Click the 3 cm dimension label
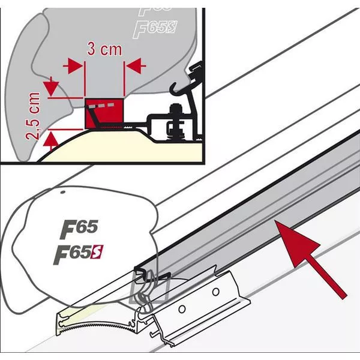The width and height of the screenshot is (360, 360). [104, 49]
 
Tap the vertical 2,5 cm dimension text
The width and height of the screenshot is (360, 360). [33, 116]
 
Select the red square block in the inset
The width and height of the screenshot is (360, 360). [104, 113]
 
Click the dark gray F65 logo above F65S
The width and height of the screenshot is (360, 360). [79, 229]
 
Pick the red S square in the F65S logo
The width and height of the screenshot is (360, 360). [97, 252]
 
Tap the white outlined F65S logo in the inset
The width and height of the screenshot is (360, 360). [155, 29]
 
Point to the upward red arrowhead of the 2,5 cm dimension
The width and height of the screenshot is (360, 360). [51, 140]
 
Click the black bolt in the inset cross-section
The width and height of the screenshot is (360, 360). [175, 122]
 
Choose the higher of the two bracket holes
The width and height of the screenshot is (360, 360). [215, 292]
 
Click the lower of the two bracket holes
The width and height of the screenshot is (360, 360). [182, 309]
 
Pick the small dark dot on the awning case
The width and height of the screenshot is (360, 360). [62, 192]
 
